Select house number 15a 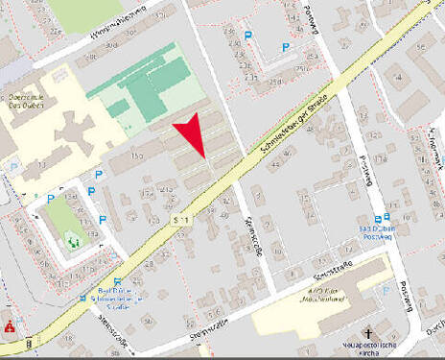pos(136,155)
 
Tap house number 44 pos(275,166)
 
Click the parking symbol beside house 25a pos(248,36)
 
